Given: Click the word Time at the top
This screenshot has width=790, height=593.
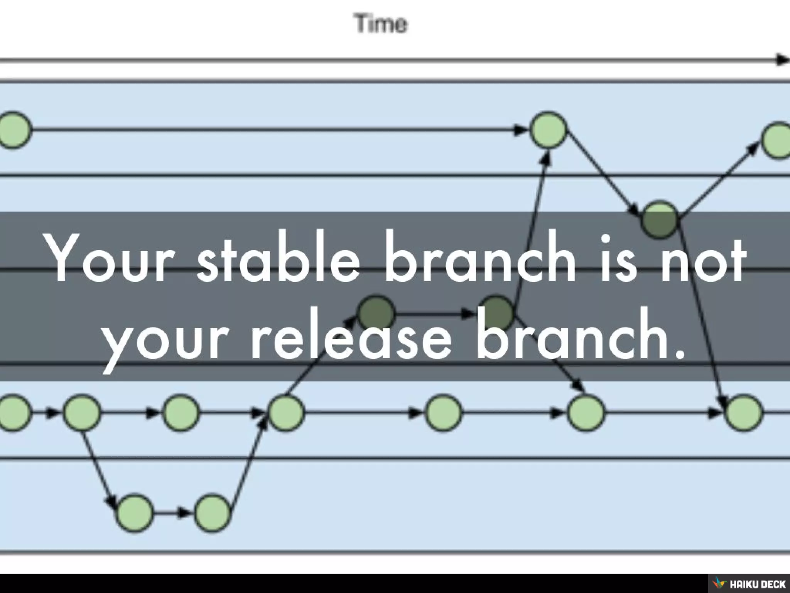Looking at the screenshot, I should tap(381, 24).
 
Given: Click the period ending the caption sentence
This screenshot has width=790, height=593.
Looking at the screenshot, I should tap(680, 353).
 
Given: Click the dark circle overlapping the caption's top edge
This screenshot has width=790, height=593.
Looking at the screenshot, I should tap(660, 219).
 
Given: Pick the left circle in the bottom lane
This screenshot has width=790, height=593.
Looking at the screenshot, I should tap(135, 513).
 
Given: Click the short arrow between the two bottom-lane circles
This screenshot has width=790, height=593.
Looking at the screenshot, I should tap(174, 513).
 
